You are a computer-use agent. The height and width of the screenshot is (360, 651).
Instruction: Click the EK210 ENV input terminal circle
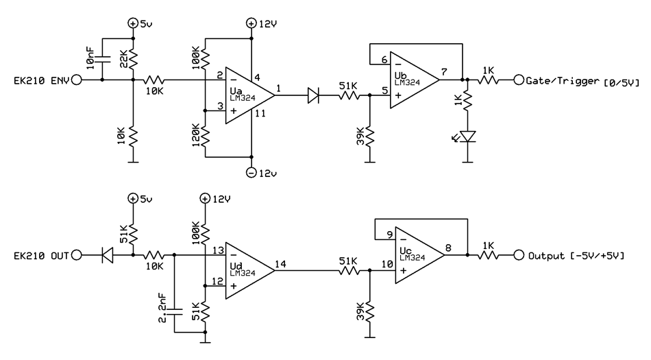click(76, 80)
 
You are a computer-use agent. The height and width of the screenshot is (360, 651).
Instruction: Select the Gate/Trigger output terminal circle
click(518, 80)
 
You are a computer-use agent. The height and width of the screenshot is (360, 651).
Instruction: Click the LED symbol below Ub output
click(468, 136)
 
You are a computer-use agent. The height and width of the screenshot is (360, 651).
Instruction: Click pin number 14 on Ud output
click(281, 264)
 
